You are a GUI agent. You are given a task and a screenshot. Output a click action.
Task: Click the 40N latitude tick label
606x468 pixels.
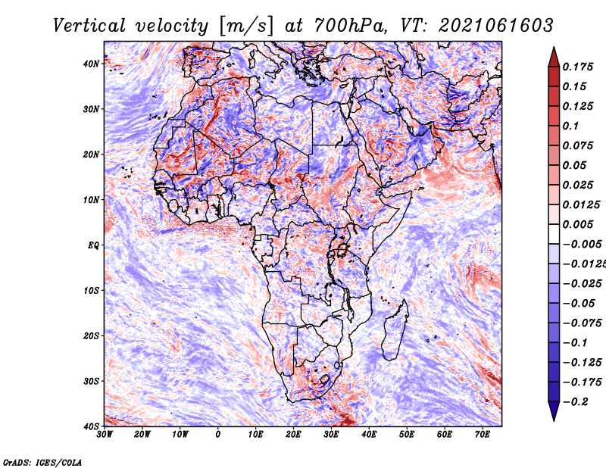tap(91, 64)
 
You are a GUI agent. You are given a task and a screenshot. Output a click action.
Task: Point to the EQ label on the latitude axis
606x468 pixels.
tap(93, 245)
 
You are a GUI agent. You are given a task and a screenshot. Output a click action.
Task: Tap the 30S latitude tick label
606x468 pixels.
tap(91, 381)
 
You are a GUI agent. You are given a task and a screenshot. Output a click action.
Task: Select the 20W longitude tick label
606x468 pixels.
tap(142, 435)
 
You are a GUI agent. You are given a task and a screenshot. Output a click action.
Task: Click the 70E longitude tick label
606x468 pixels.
tap(482, 435)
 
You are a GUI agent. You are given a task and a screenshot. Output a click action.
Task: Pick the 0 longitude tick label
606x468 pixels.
tap(218, 435)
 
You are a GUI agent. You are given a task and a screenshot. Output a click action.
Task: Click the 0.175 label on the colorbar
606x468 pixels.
tap(578, 67)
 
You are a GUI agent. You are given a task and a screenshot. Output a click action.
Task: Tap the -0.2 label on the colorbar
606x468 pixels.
tap(575, 402)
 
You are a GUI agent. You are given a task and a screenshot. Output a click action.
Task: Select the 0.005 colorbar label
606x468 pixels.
tap(578, 224)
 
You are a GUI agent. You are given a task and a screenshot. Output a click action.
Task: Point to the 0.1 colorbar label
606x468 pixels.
tap(571, 126)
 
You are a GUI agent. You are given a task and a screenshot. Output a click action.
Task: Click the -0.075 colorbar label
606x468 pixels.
tap(582, 323)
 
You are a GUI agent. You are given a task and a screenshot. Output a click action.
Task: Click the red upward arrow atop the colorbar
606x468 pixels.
tap(554, 57)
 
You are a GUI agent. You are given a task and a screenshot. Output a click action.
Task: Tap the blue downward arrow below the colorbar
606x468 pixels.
tap(554, 411)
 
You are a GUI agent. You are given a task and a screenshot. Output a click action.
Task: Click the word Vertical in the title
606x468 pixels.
tap(89, 26)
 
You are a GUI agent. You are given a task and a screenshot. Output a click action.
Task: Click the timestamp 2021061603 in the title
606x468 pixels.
tap(496, 26)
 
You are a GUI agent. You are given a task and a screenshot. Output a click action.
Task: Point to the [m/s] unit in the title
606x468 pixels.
tap(246, 27)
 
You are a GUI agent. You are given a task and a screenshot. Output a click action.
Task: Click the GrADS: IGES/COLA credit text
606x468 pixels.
tap(42, 463)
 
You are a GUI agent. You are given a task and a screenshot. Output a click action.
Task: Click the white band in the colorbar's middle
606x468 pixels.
tap(554, 234)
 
